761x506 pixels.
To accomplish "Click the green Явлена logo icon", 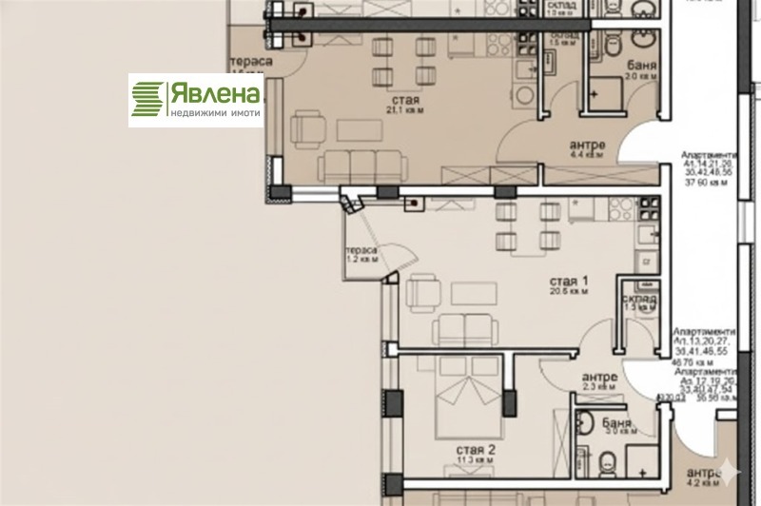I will point(147,99).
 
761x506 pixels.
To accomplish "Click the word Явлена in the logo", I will point(215,94).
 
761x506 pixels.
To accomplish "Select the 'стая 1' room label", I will point(570,281).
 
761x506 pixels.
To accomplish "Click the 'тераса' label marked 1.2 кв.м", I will point(361,250).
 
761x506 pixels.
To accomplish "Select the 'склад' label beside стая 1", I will point(641,298).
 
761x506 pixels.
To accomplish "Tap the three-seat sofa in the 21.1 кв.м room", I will point(361,165).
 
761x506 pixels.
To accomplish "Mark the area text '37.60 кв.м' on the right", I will point(710,184).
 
